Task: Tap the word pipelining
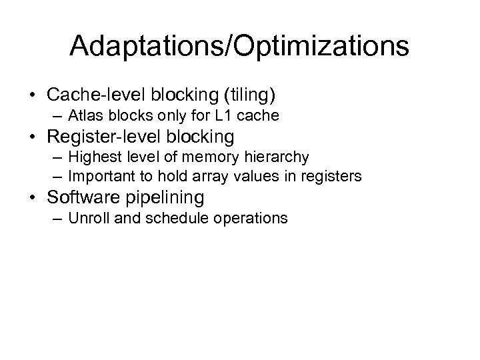[x=164, y=197]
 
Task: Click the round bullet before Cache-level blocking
[x=33, y=95]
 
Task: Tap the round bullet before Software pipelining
[x=33, y=197]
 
